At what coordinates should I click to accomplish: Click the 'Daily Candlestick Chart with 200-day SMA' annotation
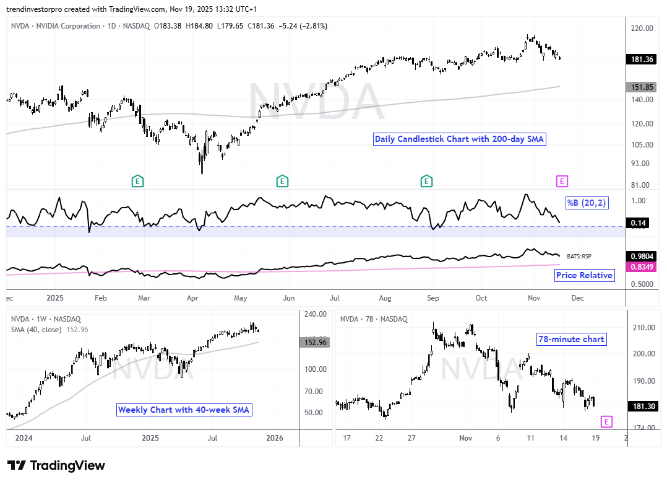pos(459,139)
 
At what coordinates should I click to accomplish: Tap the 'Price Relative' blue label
pos(585,275)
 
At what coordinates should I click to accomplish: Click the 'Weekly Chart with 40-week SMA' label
pos(184,410)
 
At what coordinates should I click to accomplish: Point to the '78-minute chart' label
pos(571,339)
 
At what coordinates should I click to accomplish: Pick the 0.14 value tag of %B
pos(637,222)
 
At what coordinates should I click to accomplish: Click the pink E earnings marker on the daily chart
pos(562,181)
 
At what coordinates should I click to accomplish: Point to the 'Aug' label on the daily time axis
pos(384,298)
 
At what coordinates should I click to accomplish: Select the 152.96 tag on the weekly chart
pos(316,342)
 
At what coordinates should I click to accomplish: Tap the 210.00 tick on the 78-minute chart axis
pos(643,327)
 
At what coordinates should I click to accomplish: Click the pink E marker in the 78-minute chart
pos(606,421)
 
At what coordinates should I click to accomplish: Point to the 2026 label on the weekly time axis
pos(274,438)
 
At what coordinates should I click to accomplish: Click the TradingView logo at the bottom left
pos(56,465)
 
